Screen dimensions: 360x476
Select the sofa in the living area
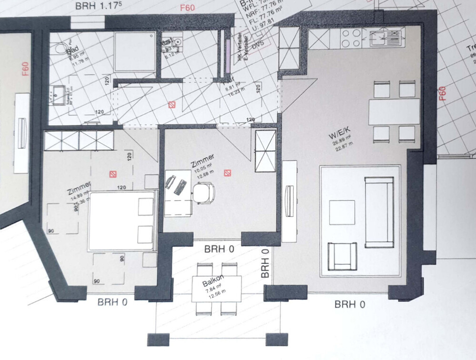pos(379,211)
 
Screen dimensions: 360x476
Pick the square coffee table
pos(342,212)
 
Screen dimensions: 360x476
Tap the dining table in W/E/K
pos(394,112)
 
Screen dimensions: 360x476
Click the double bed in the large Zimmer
pos(122,220)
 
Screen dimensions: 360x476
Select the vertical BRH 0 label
pos(265,263)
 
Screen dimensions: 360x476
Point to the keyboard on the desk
pos(181,186)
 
